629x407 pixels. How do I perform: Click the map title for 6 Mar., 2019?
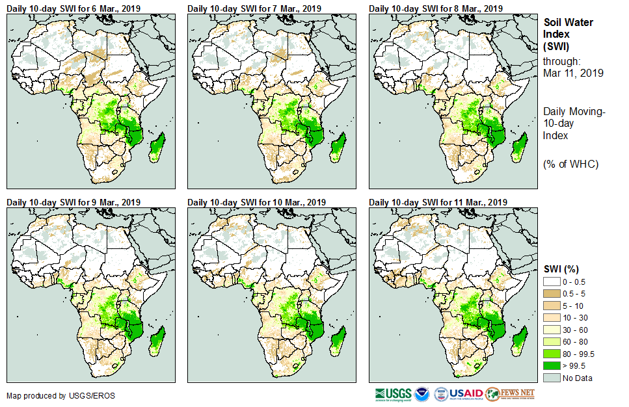click(74, 8)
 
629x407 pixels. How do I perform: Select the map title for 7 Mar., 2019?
click(254, 8)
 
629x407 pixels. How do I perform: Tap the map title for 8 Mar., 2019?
click(436, 8)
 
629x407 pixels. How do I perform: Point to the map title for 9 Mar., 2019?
click(74, 202)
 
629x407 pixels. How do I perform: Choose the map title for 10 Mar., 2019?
click(256, 202)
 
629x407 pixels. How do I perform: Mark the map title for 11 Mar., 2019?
click(438, 202)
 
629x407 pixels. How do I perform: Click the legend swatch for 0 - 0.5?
click(552, 281)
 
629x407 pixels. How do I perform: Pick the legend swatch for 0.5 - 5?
click(552, 293)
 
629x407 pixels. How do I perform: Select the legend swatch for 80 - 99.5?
click(552, 354)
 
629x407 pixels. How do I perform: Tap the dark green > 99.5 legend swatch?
click(552, 366)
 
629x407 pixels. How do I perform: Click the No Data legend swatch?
click(552, 378)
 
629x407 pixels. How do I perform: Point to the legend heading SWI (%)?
click(561, 269)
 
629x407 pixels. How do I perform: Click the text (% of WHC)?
click(570, 164)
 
